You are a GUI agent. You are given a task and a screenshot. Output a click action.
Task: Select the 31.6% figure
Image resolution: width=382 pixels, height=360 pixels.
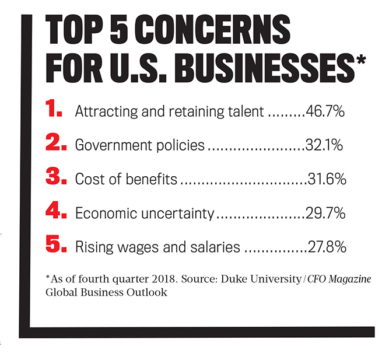[x=327, y=179]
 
